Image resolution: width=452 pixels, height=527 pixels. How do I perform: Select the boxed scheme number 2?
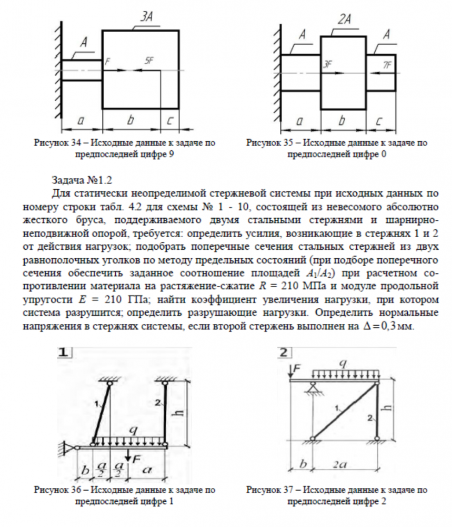(285, 352)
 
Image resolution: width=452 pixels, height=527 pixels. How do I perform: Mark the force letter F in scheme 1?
(135, 459)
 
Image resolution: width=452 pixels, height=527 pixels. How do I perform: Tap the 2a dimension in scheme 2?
(345, 465)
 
